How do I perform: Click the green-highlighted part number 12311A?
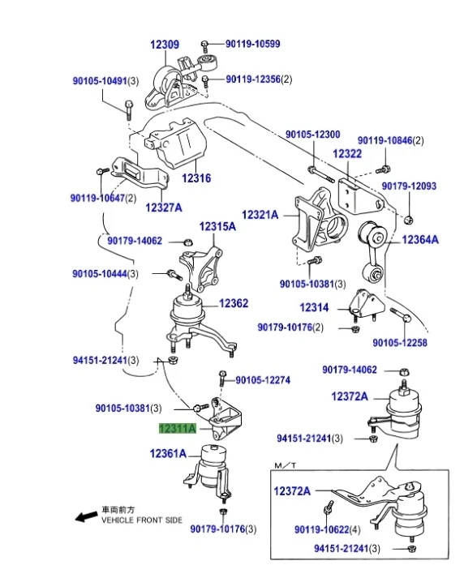[x=178, y=429]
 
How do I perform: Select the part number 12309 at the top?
[x=165, y=45]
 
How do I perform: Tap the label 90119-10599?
[x=253, y=44]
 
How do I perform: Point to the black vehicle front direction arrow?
[x=86, y=516]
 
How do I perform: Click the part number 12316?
[x=196, y=178]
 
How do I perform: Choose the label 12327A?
[x=164, y=208]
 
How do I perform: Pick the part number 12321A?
[x=260, y=215]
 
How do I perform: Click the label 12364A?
[x=420, y=240]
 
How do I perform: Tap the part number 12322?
[x=347, y=154]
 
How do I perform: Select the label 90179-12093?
[x=409, y=186]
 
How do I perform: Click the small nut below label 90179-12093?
[x=409, y=220]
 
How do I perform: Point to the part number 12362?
[x=234, y=303]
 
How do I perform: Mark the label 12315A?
[x=217, y=226]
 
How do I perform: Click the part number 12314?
[x=314, y=307]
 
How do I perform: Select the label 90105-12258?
[x=400, y=342]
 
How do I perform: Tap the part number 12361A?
[x=168, y=453]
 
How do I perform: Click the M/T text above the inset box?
[x=286, y=465]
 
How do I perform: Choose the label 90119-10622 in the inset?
[x=322, y=529]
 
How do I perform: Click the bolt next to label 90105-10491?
[x=129, y=109]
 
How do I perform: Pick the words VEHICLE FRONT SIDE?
[x=142, y=520]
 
